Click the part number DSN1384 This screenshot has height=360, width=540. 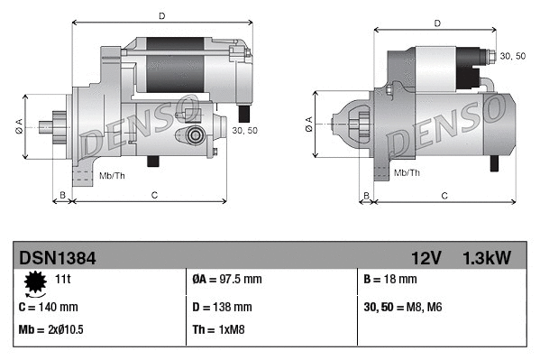coord(57,258)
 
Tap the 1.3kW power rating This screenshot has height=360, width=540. coord(487,258)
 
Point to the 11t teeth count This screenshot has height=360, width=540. coord(63,279)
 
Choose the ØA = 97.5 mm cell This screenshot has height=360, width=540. coord(227,280)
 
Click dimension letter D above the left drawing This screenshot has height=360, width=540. coord(160,15)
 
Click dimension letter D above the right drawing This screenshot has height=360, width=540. coord(436,23)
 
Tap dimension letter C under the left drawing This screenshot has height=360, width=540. coord(153,194)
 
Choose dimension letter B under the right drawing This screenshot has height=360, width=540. coord(365,195)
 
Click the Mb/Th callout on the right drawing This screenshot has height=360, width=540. coord(407,171)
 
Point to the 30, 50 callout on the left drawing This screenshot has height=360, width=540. coord(244,131)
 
